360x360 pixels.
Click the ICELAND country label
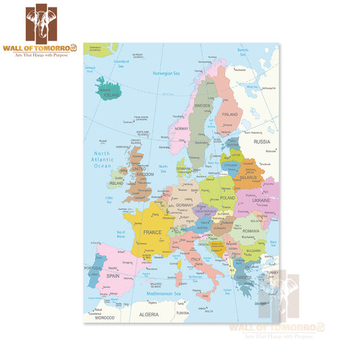[x=110, y=95]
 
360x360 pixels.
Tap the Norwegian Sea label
[x=166, y=73]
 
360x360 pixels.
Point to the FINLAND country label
[x=230, y=114]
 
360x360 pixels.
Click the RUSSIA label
[x=261, y=142]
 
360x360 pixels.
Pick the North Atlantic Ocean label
[x=102, y=160]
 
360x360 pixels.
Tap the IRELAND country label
[x=116, y=182]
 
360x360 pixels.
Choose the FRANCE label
[x=151, y=232]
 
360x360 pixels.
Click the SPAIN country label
[x=112, y=276]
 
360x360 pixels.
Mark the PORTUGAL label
[x=93, y=268]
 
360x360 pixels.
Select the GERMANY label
[x=184, y=205]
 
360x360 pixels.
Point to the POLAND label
[x=226, y=199]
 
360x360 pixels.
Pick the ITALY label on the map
[x=197, y=259]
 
